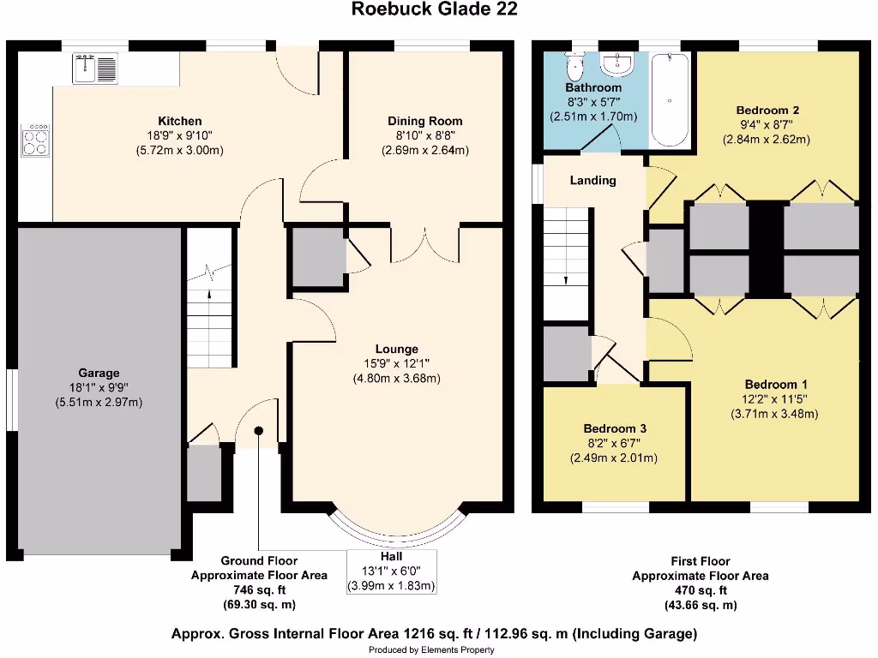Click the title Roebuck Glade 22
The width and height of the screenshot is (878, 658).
point(435,9)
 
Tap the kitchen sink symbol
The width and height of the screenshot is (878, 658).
point(95,68)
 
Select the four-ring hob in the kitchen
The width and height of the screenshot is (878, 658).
point(36,140)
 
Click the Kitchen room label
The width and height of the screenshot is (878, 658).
point(180,121)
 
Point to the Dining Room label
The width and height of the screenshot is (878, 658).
point(425,121)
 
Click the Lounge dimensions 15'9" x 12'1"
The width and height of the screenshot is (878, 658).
point(396,363)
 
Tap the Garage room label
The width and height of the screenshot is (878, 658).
point(99,373)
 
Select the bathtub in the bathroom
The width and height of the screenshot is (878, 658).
point(670,101)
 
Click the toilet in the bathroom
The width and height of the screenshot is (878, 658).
point(574,65)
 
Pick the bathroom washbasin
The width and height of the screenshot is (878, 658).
point(616,63)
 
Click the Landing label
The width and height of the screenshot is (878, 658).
point(592,180)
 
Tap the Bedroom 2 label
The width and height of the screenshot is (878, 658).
point(767,110)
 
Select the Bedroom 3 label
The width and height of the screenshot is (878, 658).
point(614,428)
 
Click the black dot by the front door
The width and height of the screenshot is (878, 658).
point(258,431)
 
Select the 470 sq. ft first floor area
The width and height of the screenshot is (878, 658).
point(701,590)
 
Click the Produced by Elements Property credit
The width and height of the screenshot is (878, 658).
point(432,650)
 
